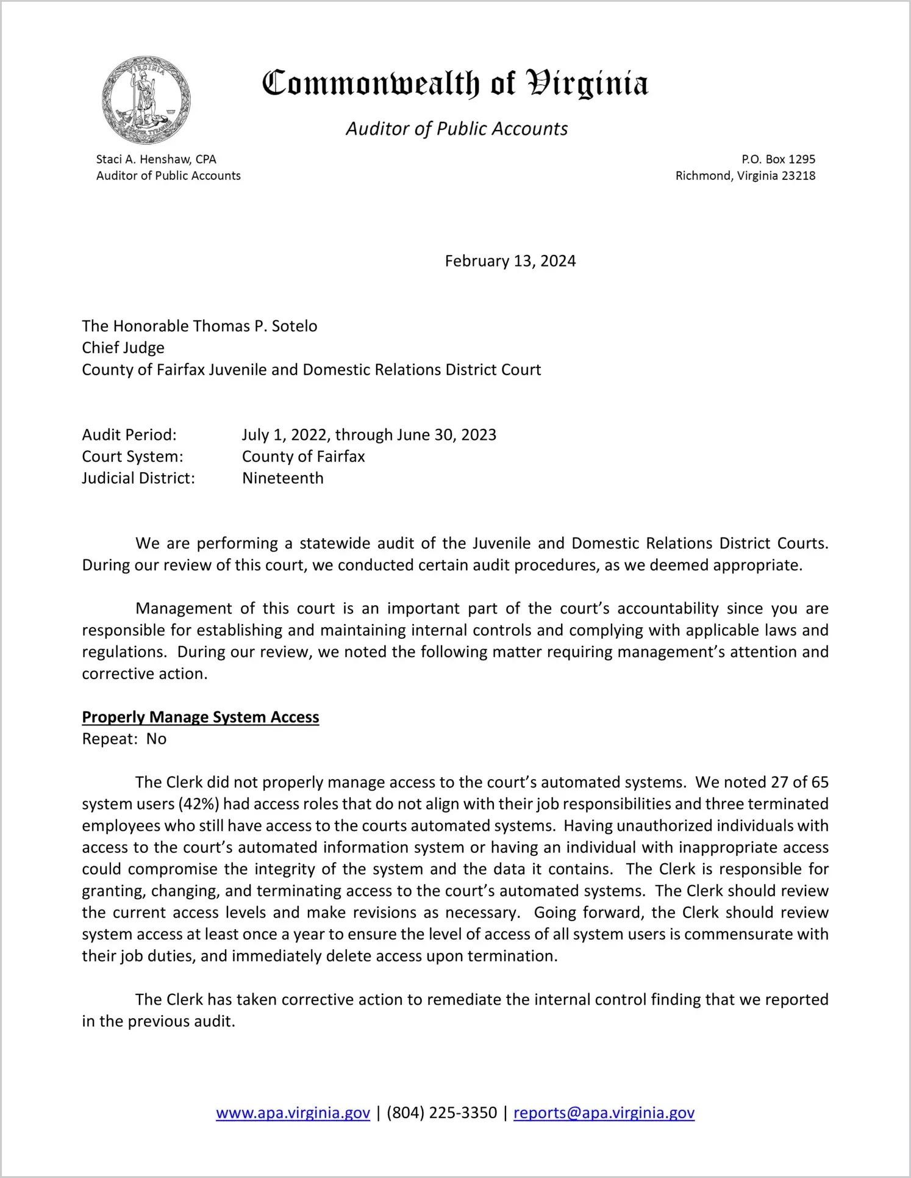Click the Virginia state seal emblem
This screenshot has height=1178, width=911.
146,100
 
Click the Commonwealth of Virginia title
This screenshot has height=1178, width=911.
455,84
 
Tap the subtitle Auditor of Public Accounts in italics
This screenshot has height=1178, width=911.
457,129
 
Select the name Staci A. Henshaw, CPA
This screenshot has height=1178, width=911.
156,159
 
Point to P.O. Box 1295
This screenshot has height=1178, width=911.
778,159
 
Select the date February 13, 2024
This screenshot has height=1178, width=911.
510,261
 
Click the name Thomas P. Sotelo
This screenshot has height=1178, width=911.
255,326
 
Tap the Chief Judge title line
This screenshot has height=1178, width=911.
123,348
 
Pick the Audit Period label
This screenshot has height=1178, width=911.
129,435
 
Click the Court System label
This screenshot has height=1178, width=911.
132,457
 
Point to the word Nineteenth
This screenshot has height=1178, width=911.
283,478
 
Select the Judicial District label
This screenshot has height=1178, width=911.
138,478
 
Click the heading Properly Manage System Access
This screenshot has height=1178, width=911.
201,717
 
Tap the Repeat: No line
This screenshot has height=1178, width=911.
124,739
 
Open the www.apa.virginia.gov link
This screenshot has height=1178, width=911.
293,1113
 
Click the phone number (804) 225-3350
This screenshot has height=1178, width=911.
441,1113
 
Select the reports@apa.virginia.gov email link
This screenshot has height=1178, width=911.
604,1113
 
